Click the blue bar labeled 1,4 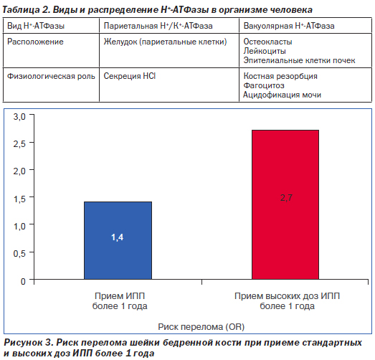[x=118, y=240]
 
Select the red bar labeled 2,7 [x=285, y=204]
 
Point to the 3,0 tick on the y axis [x=19, y=117]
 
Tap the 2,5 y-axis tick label [x=19, y=144]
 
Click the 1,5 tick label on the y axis [x=19, y=199]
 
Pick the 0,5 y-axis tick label [x=19, y=254]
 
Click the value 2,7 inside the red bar [x=286, y=198]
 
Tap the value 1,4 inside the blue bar [x=117, y=237]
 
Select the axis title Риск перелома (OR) [x=201, y=327]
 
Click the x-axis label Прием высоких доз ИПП [x=287, y=296]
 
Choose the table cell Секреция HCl [x=130, y=76]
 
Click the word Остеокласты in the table [x=267, y=42]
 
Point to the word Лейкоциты [x=265, y=51]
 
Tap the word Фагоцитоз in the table [x=264, y=85]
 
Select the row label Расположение [x=35, y=42]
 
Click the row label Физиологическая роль [x=51, y=76]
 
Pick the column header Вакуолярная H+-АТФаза [x=289, y=26]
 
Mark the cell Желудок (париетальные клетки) [x=165, y=42]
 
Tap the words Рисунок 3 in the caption [x=28, y=343]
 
